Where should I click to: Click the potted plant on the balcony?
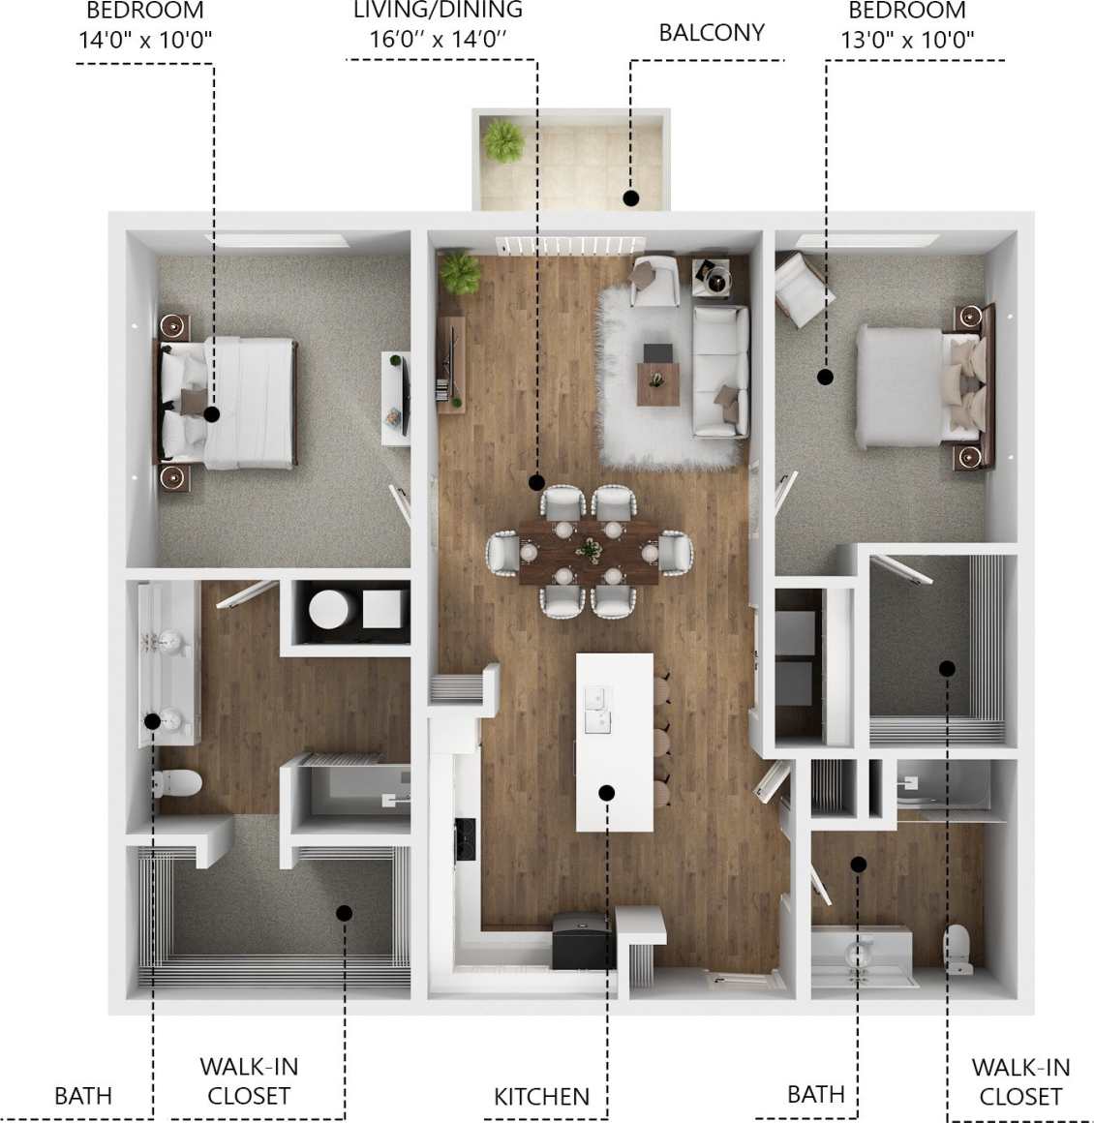503,141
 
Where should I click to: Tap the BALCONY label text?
712,33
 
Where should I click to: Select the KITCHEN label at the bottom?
541,1097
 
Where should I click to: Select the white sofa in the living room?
720,370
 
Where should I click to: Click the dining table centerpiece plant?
588,550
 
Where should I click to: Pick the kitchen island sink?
597,709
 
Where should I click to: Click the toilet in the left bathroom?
176,782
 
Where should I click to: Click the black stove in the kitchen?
582,941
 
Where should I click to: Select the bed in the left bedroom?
228,402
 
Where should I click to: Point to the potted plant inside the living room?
459,272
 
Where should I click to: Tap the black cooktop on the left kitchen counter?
465,838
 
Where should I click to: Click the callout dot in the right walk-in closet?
947,668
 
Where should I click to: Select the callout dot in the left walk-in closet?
344,912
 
